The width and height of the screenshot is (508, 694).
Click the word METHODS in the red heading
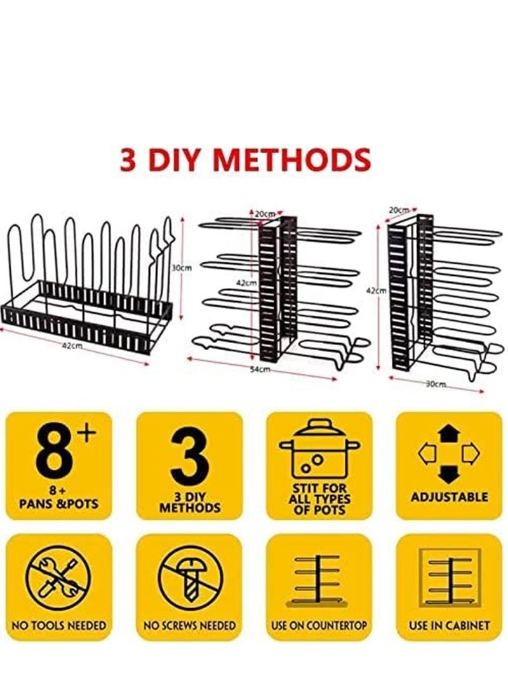point(297,159)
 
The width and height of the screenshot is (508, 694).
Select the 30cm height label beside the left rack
point(182,268)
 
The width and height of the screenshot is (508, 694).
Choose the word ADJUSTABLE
point(449,497)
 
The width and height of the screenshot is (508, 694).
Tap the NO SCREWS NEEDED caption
point(189,626)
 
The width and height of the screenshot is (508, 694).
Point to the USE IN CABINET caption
point(449,626)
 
